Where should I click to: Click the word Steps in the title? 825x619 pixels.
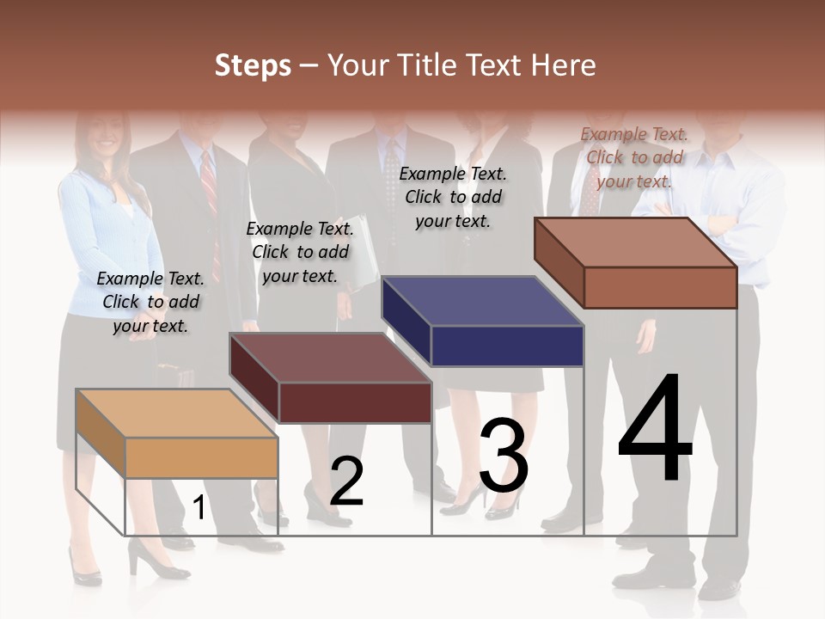point(253,65)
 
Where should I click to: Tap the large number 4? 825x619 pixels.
point(656,429)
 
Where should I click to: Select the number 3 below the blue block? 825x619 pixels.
point(504,457)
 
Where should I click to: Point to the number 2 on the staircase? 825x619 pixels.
point(346,481)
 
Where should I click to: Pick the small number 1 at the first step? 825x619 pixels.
point(199,508)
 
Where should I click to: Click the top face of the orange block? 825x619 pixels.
point(177,414)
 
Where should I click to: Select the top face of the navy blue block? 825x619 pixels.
point(483,302)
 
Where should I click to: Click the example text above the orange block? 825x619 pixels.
point(150,302)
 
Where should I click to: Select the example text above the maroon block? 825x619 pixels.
point(300,252)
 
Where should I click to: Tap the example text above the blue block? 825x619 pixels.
point(453,197)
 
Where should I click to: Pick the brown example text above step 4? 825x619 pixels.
point(634,157)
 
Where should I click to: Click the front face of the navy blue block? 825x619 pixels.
point(507,346)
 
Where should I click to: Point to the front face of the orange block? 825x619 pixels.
point(201,457)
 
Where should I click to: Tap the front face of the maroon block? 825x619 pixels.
point(354,402)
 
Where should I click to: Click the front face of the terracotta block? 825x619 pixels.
point(660,287)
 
